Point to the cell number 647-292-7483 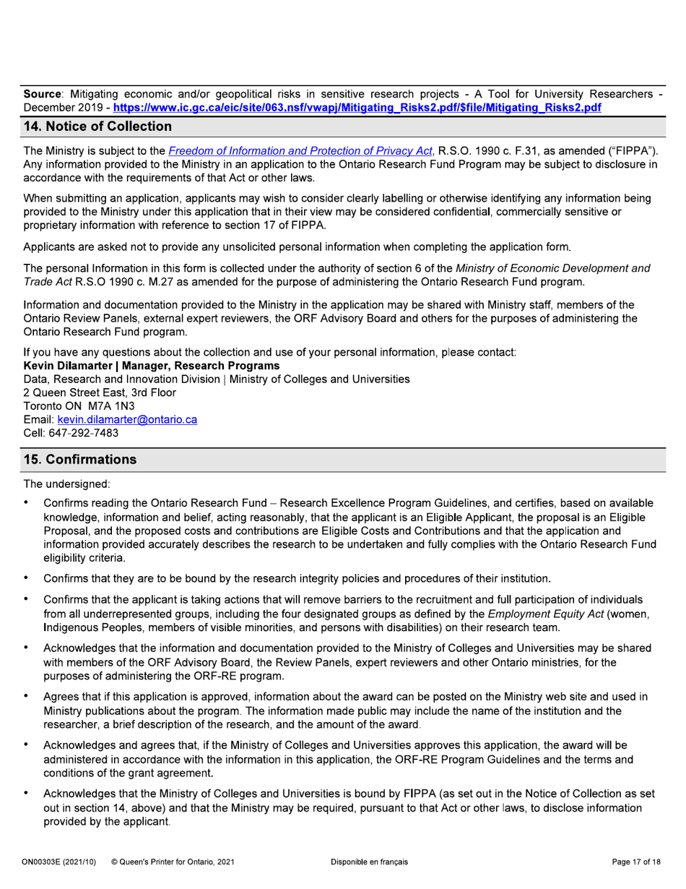[x=88, y=432]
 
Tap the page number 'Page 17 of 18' [x=631, y=862]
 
